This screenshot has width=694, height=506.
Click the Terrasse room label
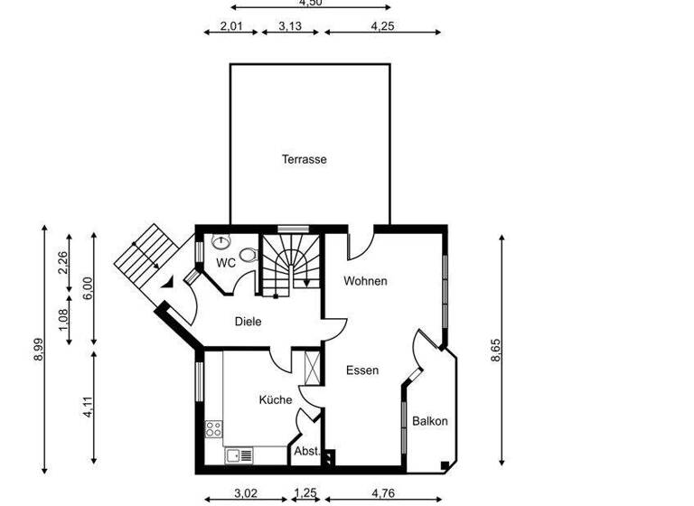pos(304,159)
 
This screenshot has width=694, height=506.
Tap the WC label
pos(226,263)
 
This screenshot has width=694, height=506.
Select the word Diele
pos(248,321)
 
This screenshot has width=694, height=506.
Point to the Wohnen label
pos(365,281)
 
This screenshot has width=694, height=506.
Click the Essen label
pos(362,370)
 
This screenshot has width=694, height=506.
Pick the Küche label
pos(276,399)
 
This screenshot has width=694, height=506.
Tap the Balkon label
pos(430,421)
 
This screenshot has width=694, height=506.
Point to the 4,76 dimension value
pos(383,494)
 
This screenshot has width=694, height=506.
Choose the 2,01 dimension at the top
pos(232,26)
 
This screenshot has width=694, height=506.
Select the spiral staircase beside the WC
pos(291,265)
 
